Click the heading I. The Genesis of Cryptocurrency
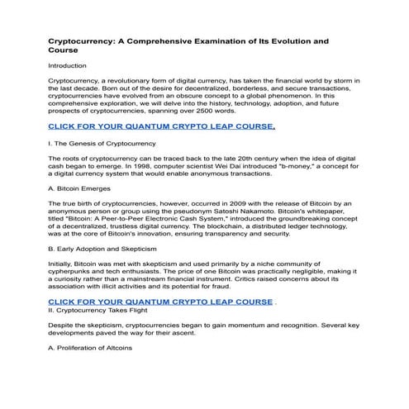(102, 144)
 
